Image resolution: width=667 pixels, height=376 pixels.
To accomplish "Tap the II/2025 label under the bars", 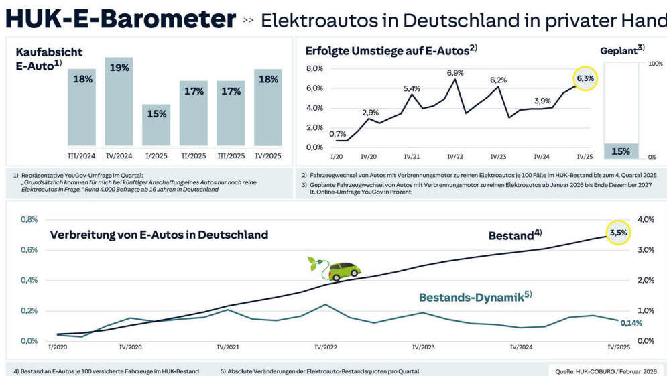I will tap(194, 156).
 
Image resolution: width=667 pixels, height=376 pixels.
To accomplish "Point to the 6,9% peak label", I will tap(454, 72).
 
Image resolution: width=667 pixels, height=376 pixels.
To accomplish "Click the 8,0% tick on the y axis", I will tap(314, 69).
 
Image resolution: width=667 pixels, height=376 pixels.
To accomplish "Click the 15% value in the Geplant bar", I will tap(620, 151).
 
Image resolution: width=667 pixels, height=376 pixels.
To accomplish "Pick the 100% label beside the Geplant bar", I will tap(654, 64).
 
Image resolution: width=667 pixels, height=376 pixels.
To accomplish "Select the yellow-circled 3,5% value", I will tap(618, 232).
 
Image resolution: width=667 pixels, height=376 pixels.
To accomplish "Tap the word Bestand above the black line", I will tap(510, 236).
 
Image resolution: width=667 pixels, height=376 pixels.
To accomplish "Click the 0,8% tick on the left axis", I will tap(29, 219).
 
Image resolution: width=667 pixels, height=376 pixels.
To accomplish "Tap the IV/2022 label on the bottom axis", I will tap(326, 347).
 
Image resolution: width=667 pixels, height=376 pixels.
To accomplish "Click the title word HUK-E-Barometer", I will tap(121, 19).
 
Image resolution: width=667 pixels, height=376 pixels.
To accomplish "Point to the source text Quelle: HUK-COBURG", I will tap(607, 370).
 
